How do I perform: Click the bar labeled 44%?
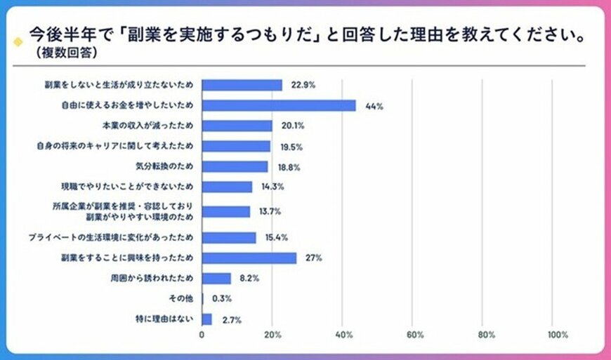point(279,105)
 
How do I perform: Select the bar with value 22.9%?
point(242,85)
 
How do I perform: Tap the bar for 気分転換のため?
point(235,166)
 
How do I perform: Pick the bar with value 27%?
point(249,258)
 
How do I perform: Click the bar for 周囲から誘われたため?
point(216,278)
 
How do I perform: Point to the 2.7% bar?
point(206,319)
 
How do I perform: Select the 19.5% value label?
point(289,146)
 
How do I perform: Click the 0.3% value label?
point(223,299)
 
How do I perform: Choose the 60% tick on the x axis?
point(414,335)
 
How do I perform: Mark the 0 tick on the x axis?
point(202,335)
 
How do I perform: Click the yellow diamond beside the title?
point(18,41)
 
